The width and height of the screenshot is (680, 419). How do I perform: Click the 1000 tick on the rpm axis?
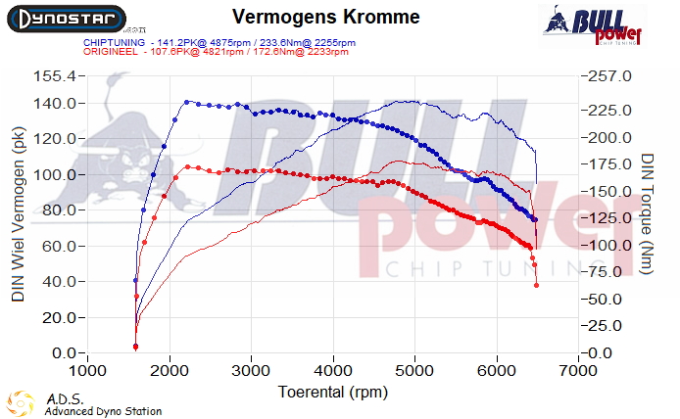pyautogui.click(x=88, y=371)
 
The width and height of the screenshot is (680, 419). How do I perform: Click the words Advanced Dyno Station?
pyautogui.click(x=103, y=412)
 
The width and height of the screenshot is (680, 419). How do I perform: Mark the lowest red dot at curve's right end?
pyautogui.click(x=536, y=285)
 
